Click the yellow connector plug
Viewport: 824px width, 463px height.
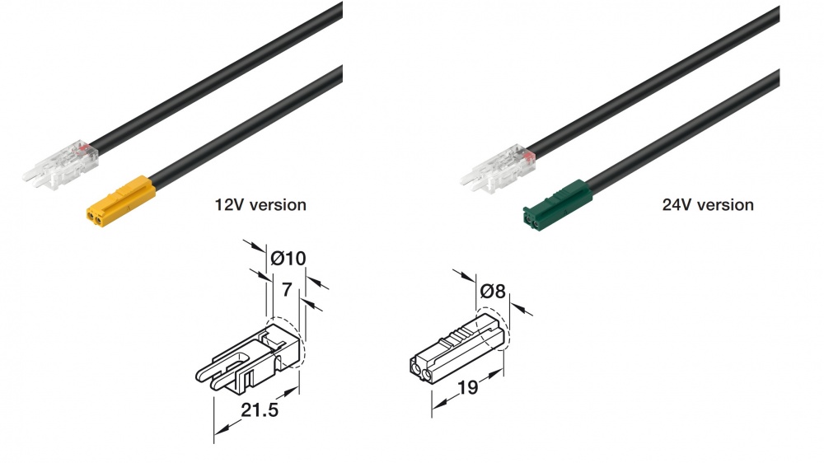pos(119,200)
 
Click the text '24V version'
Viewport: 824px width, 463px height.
pos(707,204)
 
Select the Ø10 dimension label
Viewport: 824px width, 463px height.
pos(288,259)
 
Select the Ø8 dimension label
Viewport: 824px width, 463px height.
pos(493,290)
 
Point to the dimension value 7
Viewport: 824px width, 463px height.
pos(287,289)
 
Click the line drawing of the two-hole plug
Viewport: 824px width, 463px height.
pos(457,350)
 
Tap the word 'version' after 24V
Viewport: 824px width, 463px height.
pos(726,204)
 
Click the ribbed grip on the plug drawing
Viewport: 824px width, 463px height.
pos(465,336)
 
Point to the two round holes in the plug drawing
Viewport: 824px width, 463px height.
pos(421,369)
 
